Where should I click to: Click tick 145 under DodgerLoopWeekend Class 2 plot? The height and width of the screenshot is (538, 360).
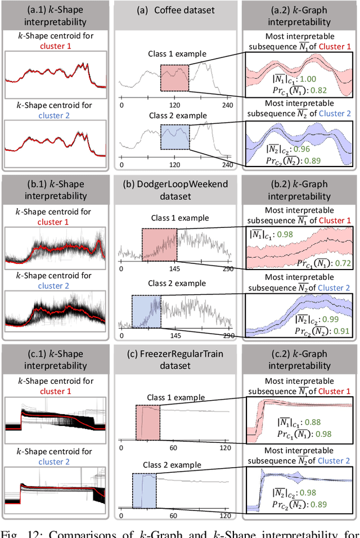[175, 335]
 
